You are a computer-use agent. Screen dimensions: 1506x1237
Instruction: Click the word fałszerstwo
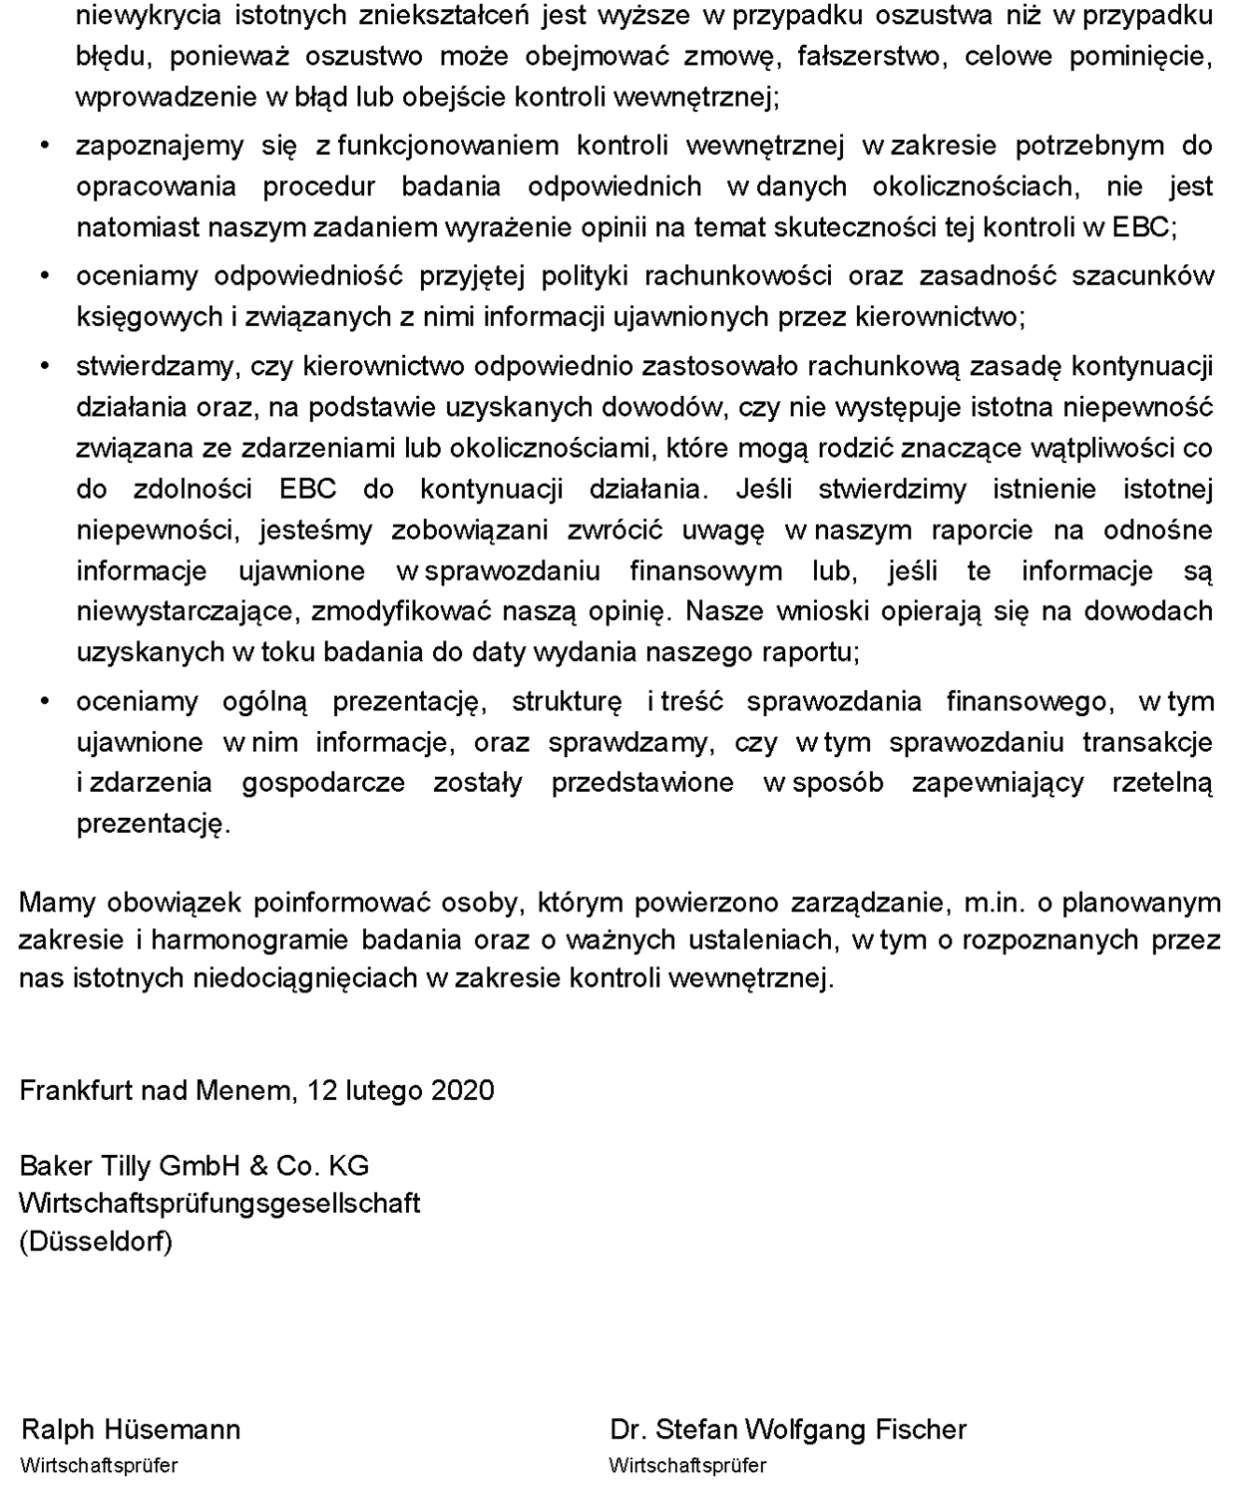871,56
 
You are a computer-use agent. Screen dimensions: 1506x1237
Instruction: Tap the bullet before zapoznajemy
44,146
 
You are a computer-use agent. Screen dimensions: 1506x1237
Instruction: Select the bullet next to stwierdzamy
44,366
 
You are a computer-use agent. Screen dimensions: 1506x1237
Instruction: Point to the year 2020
463,1089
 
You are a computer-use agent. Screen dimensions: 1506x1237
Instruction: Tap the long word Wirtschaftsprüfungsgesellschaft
219,1203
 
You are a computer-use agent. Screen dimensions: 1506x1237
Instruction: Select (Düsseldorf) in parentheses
96,1242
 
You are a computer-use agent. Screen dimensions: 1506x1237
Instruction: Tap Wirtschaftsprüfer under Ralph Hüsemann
99,1466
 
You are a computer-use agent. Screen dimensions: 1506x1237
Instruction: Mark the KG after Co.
349,1165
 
